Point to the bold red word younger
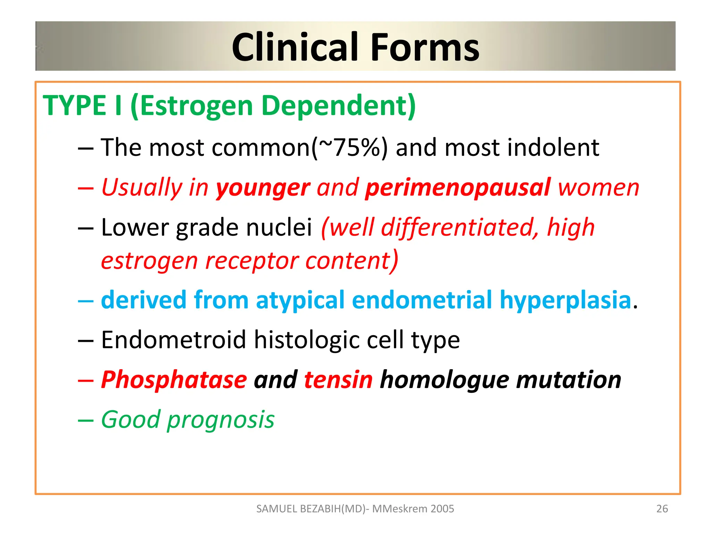click(x=262, y=188)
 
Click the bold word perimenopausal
click(x=458, y=188)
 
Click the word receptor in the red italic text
click(x=251, y=261)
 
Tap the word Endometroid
click(x=174, y=340)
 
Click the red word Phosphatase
click(x=174, y=380)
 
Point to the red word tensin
click(x=338, y=380)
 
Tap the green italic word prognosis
click(x=221, y=420)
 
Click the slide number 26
click(x=662, y=509)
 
